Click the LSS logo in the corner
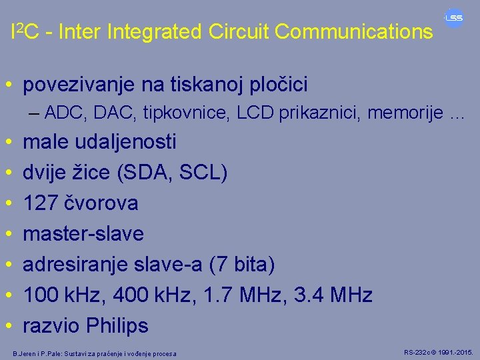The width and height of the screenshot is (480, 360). pos(454,19)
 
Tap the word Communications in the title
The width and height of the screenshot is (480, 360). pos(353,31)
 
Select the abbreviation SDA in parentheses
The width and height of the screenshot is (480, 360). pos(145,173)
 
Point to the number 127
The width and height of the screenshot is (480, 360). pos(39,203)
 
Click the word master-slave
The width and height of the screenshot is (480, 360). pos(83,234)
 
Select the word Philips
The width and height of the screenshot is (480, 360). pos(117,326)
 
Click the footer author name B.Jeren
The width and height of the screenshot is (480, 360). pos(26,353)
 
